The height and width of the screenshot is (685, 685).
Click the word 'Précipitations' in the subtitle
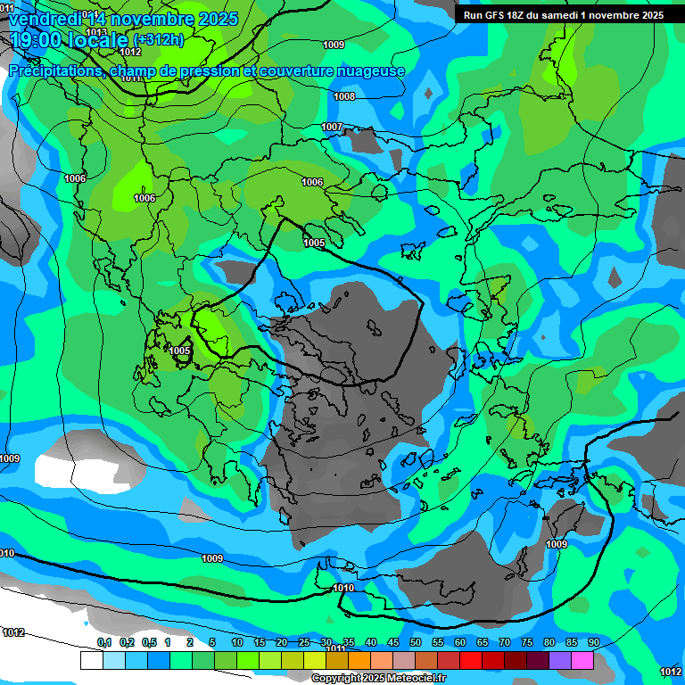(x=54, y=71)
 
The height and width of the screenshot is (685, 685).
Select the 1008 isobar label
(x=344, y=96)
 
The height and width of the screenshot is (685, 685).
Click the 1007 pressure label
(x=332, y=127)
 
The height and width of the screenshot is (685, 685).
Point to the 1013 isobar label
(x=96, y=32)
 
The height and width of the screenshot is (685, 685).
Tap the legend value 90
(x=593, y=642)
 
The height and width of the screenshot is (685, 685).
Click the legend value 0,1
(x=103, y=642)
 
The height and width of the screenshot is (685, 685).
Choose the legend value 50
(x=416, y=642)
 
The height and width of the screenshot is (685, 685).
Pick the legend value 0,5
(x=148, y=642)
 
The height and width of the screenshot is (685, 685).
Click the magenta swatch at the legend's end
(x=582, y=660)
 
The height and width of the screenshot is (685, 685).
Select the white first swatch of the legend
(x=91, y=660)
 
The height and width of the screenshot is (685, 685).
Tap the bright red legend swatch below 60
(x=470, y=660)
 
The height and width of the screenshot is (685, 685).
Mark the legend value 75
(x=526, y=642)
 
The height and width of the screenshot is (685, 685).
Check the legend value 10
(x=236, y=642)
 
